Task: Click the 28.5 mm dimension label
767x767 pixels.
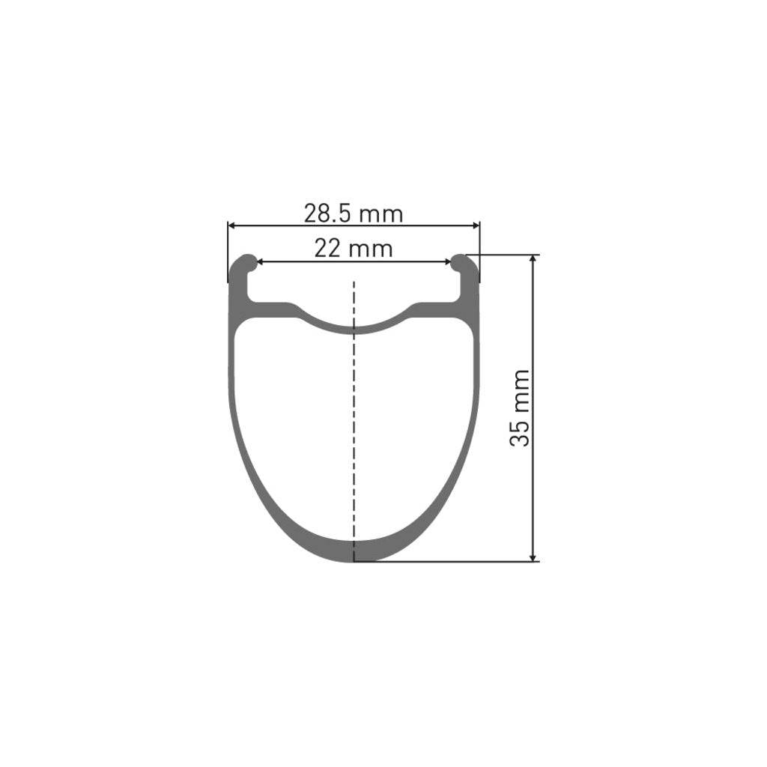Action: point(353,214)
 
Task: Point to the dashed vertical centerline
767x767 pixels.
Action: point(354,412)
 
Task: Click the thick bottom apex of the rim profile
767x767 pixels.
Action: point(354,550)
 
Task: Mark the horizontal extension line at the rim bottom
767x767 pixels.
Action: point(449,561)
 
